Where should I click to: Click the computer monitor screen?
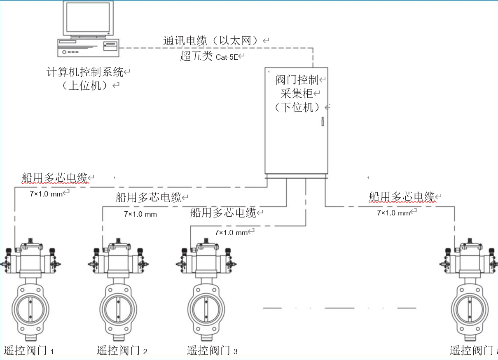(88, 18)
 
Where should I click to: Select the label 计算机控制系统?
(85, 72)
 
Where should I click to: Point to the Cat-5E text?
(227, 57)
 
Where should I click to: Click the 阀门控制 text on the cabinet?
(297, 79)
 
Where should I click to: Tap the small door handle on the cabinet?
(323, 122)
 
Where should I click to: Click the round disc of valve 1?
(30, 308)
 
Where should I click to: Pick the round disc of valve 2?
(118, 308)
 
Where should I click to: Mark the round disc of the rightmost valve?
(470, 308)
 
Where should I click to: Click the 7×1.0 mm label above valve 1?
(46, 194)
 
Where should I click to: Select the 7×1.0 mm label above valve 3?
(231, 233)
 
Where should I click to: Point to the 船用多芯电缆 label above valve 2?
(149, 197)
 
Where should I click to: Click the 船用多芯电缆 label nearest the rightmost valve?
(402, 196)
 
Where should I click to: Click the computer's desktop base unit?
(88, 47)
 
